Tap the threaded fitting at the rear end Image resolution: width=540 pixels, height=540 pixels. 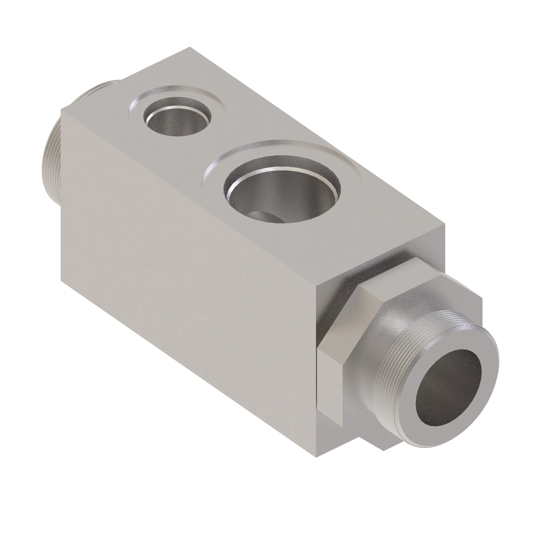pos(52,168)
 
